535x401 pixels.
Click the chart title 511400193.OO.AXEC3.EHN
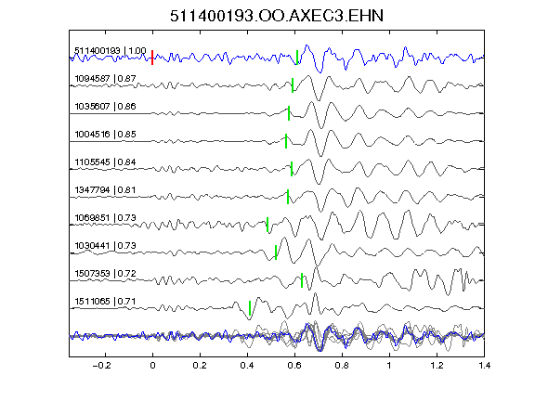click(x=277, y=16)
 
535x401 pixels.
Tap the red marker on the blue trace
click(x=152, y=58)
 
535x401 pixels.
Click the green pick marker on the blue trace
click(x=297, y=58)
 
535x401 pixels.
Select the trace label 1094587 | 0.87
click(x=106, y=79)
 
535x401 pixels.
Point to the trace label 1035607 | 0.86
click(x=106, y=107)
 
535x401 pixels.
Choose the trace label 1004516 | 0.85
click(x=106, y=135)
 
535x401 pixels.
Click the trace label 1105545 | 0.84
click(x=106, y=162)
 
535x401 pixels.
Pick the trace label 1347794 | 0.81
click(x=106, y=190)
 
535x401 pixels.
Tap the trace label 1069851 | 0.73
click(x=106, y=218)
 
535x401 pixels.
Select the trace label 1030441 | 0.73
click(x=106, y=246)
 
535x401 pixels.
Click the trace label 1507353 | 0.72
click(x=106, y=274)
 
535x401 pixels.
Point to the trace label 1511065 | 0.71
click(x=106, y=302)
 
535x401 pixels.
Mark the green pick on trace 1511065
click(x=250, y=308)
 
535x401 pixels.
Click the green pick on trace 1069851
click(x=267, y=225)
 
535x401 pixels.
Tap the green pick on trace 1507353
click(x=302, y=280)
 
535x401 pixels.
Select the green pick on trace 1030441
click(x=276, y=252)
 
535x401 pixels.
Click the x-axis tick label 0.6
click(x=294, y=366)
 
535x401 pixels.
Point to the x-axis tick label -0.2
click(x=102, y=366)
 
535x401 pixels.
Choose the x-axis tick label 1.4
click(x=484, y=366)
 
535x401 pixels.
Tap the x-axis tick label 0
click(x=152, y=366)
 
